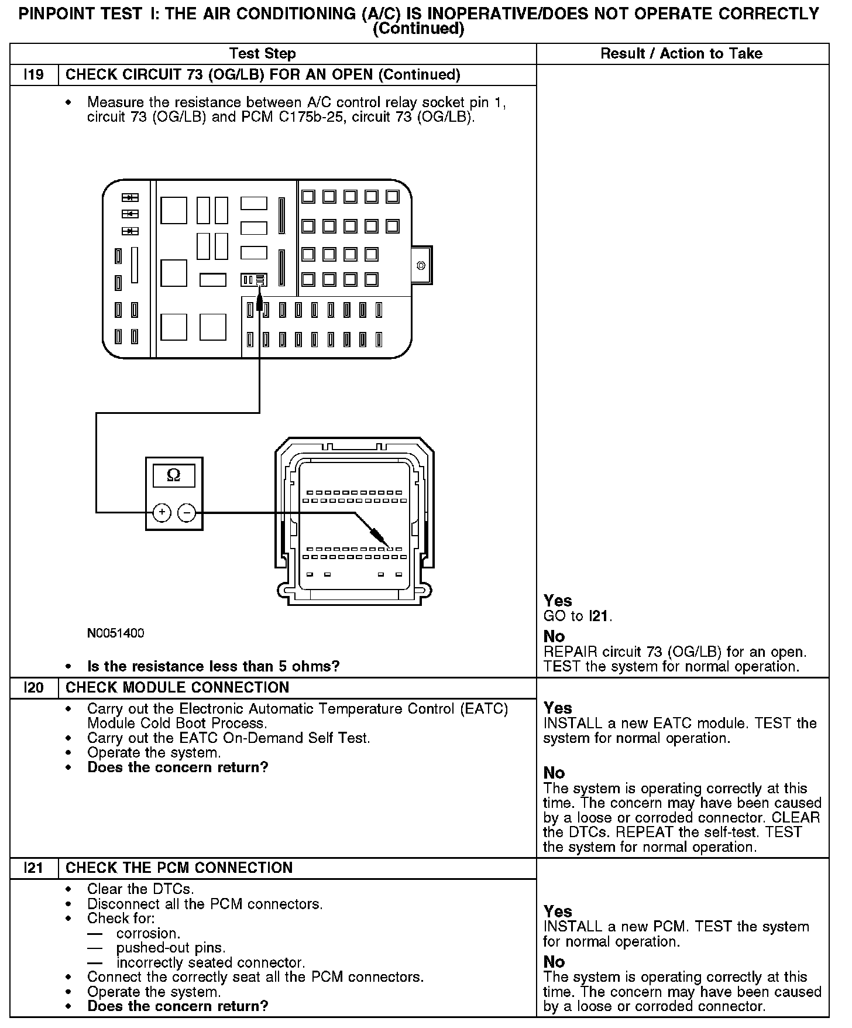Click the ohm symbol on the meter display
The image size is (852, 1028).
(x=174, y=475)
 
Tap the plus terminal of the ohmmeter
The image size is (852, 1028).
(x=162, y=513)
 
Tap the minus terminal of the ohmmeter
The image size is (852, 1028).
(x=187, y=513)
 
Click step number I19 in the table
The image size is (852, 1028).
(x=34, y=75)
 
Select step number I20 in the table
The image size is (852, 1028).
(x=34, y=687)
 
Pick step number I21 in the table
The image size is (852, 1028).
(x=34, y=868)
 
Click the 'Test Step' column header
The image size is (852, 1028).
(x=262, y=54)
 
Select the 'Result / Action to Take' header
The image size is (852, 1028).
(x=682, y=54)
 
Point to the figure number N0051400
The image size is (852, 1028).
(x=115, y=633)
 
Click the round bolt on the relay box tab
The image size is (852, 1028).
(x=421, y=266)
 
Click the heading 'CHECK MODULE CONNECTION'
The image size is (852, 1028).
(x=177, y=687)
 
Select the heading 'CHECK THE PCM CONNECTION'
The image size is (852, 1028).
(x=179, y=868)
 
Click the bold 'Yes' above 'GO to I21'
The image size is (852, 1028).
(x=558, y=601)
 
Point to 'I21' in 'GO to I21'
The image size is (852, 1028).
(x=600, y=616)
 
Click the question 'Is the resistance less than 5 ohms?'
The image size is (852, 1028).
(x=213, y=666)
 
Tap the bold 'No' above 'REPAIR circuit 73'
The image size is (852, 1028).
(x=554, y=636)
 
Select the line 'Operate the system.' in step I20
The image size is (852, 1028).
(x=154, y=752)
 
